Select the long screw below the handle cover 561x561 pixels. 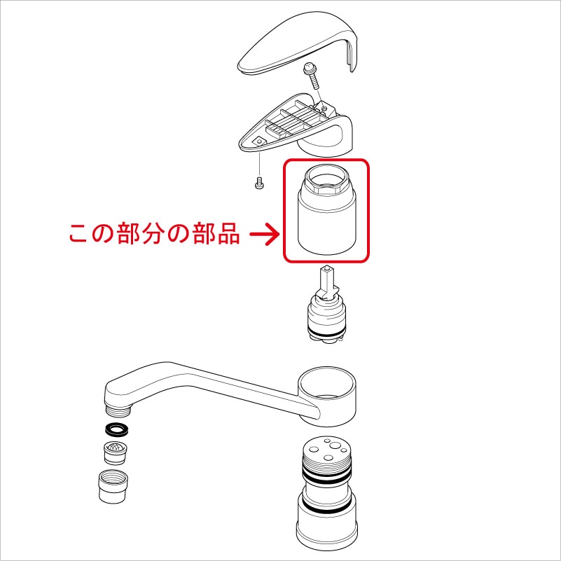tap(311, 76)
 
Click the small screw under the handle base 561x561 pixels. tap(258, 183)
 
